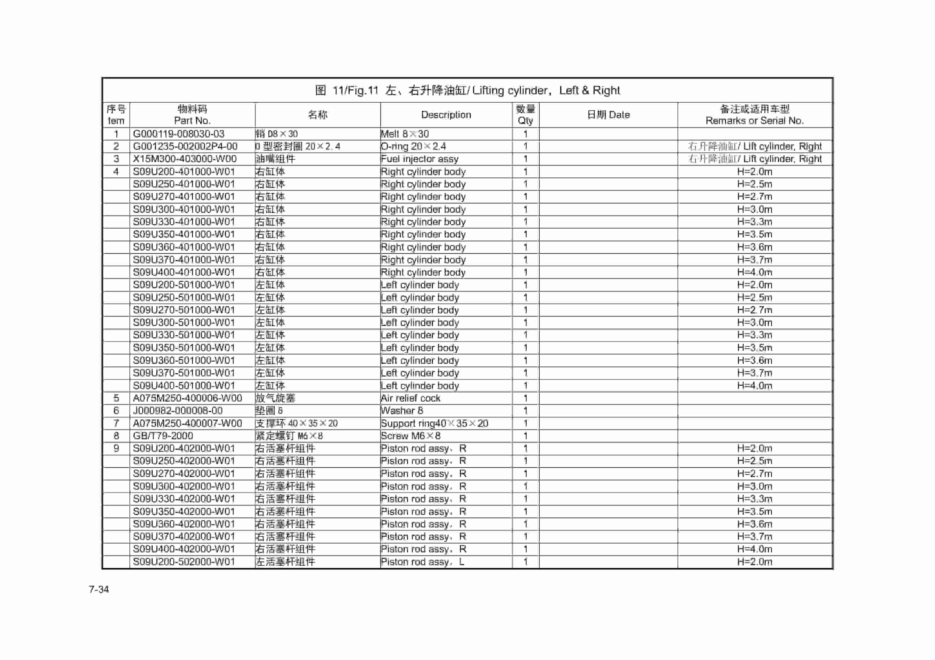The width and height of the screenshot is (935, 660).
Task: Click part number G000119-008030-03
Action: [x=179, y=134]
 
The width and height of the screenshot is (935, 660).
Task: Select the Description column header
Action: [x=446, y=115]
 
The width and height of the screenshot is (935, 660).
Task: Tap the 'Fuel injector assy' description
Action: [x=419, y=159]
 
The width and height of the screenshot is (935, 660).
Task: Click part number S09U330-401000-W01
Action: [x=184, y=222]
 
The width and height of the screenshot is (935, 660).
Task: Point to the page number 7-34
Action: [x=99, y=589]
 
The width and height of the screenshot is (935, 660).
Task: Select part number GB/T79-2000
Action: [x=163, y=436]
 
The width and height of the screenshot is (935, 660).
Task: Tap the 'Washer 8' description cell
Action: [x=402, y=411]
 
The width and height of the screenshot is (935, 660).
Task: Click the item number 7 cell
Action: [x=116, y=423]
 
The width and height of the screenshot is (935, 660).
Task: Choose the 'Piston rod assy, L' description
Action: [x=422, y=562]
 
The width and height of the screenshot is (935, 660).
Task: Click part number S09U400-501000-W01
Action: [x=184, y=385]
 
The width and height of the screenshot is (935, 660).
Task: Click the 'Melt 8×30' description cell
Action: [x=404, y=134]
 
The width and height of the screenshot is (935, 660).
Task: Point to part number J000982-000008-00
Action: [x=178, y=411]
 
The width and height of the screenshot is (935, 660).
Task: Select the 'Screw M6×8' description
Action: [x=411, y=436]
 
